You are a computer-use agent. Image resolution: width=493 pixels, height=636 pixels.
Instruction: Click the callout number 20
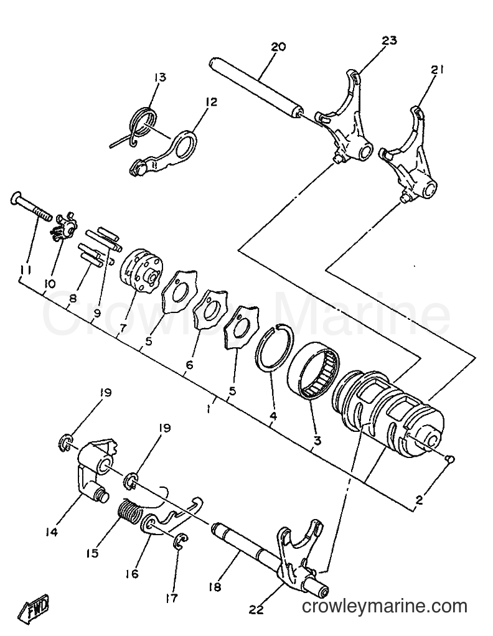[278, 47]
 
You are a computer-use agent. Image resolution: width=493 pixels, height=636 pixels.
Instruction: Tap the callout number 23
[389, 40]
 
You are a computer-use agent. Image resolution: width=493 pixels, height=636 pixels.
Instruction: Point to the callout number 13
[160, 77]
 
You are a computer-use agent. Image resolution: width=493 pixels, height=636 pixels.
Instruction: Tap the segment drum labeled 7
[142, 269]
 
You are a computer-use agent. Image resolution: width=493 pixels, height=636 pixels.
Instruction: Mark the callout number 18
[215, 587]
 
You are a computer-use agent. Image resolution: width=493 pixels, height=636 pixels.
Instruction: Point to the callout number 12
[211, 101]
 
